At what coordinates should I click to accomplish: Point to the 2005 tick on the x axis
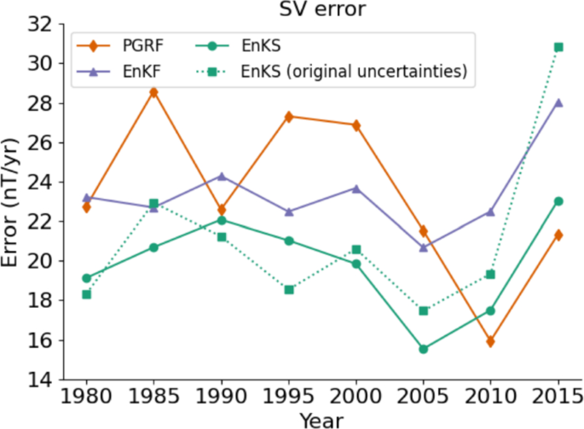pyautogui.click(x=424, y=397)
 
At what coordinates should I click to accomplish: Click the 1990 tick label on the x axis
pyautogui.click(x=222, y=397)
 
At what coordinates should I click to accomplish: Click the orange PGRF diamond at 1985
pyautogui.click(x=154, y=92)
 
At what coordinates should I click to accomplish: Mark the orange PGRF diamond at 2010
pyautogui.click(x=491, y=341)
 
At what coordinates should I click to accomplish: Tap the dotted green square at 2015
pyautogui.click(x=558, y=47)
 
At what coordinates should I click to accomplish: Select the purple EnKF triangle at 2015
pyautogui.click(x=558, y=102)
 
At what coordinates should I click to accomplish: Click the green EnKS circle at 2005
pyautogui.click(x=424, y=349)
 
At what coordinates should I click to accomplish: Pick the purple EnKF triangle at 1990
pyautogui.click(x=222, y=177)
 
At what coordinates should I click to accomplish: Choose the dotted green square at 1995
pyautogui.click(x=289, y=289)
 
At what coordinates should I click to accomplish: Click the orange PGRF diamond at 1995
pyautogui.click(x=289, y=116)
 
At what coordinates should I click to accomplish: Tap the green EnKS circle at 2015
pyautogui.click(x=558, y=201)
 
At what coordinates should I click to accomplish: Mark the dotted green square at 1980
pyautogui.click(x=87, y=294)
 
